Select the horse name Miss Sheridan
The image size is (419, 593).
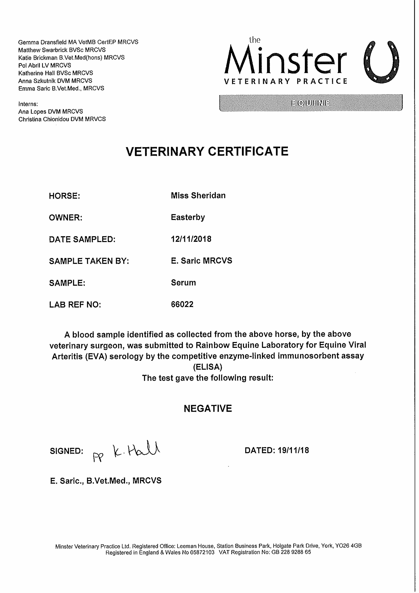[198, 196]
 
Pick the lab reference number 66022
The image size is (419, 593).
[182, 304]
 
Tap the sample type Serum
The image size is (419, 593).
[183, 283]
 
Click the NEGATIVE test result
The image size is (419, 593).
[208, 408]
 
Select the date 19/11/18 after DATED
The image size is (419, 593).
[293, 450]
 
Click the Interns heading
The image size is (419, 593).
[28, 104]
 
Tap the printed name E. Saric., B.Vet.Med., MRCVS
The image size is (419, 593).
[106, 481]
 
